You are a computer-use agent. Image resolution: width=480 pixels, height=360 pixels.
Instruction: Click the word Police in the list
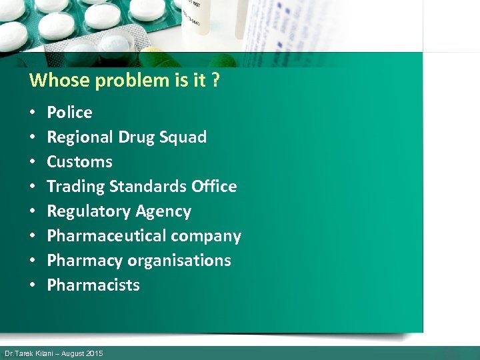[69, 113]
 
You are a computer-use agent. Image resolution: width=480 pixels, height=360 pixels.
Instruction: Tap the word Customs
[79, 162]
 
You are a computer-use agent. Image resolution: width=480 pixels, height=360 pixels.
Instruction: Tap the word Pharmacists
[93, 285]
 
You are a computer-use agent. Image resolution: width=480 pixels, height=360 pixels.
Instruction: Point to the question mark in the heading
[216, 81]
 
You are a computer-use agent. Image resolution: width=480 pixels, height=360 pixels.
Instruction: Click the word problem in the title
[132, 81]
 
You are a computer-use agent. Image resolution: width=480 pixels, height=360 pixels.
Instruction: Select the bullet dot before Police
[32, 113]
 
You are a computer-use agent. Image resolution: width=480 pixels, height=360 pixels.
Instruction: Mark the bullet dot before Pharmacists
[32, 285]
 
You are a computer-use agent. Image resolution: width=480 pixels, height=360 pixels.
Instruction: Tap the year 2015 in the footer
[94, 353]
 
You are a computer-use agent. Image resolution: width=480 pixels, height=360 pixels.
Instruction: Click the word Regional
[80, 137]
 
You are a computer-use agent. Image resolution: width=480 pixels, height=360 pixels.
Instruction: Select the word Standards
[152, 187]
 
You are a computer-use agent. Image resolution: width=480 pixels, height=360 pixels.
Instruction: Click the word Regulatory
[85, 211]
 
